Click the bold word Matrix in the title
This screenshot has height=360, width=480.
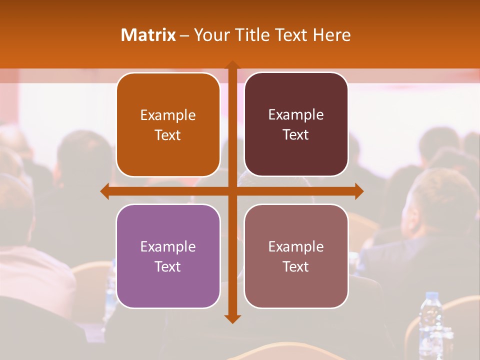(x=148, y=35)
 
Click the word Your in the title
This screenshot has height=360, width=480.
(x=210, y=35)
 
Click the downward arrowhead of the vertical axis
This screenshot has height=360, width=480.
(x=232, y=318)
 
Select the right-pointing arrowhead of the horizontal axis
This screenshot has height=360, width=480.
(x=358, y=191)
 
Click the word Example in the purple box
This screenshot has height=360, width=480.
(x=168, y=246)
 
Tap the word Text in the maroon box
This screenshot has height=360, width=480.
(x=296, y=135)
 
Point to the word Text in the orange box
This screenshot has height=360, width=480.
(x=168, y=135)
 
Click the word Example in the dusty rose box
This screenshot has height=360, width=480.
(x=296, y=246)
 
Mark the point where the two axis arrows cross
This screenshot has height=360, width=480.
(x=232, y=191)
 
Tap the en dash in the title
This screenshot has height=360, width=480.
(x=184, y=35)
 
